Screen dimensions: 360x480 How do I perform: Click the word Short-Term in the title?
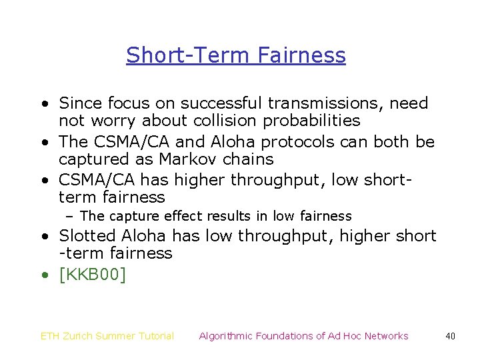181,55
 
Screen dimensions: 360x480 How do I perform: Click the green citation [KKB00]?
92,274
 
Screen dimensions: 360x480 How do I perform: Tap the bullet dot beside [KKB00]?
44,274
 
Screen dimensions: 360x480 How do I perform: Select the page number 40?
450,336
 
